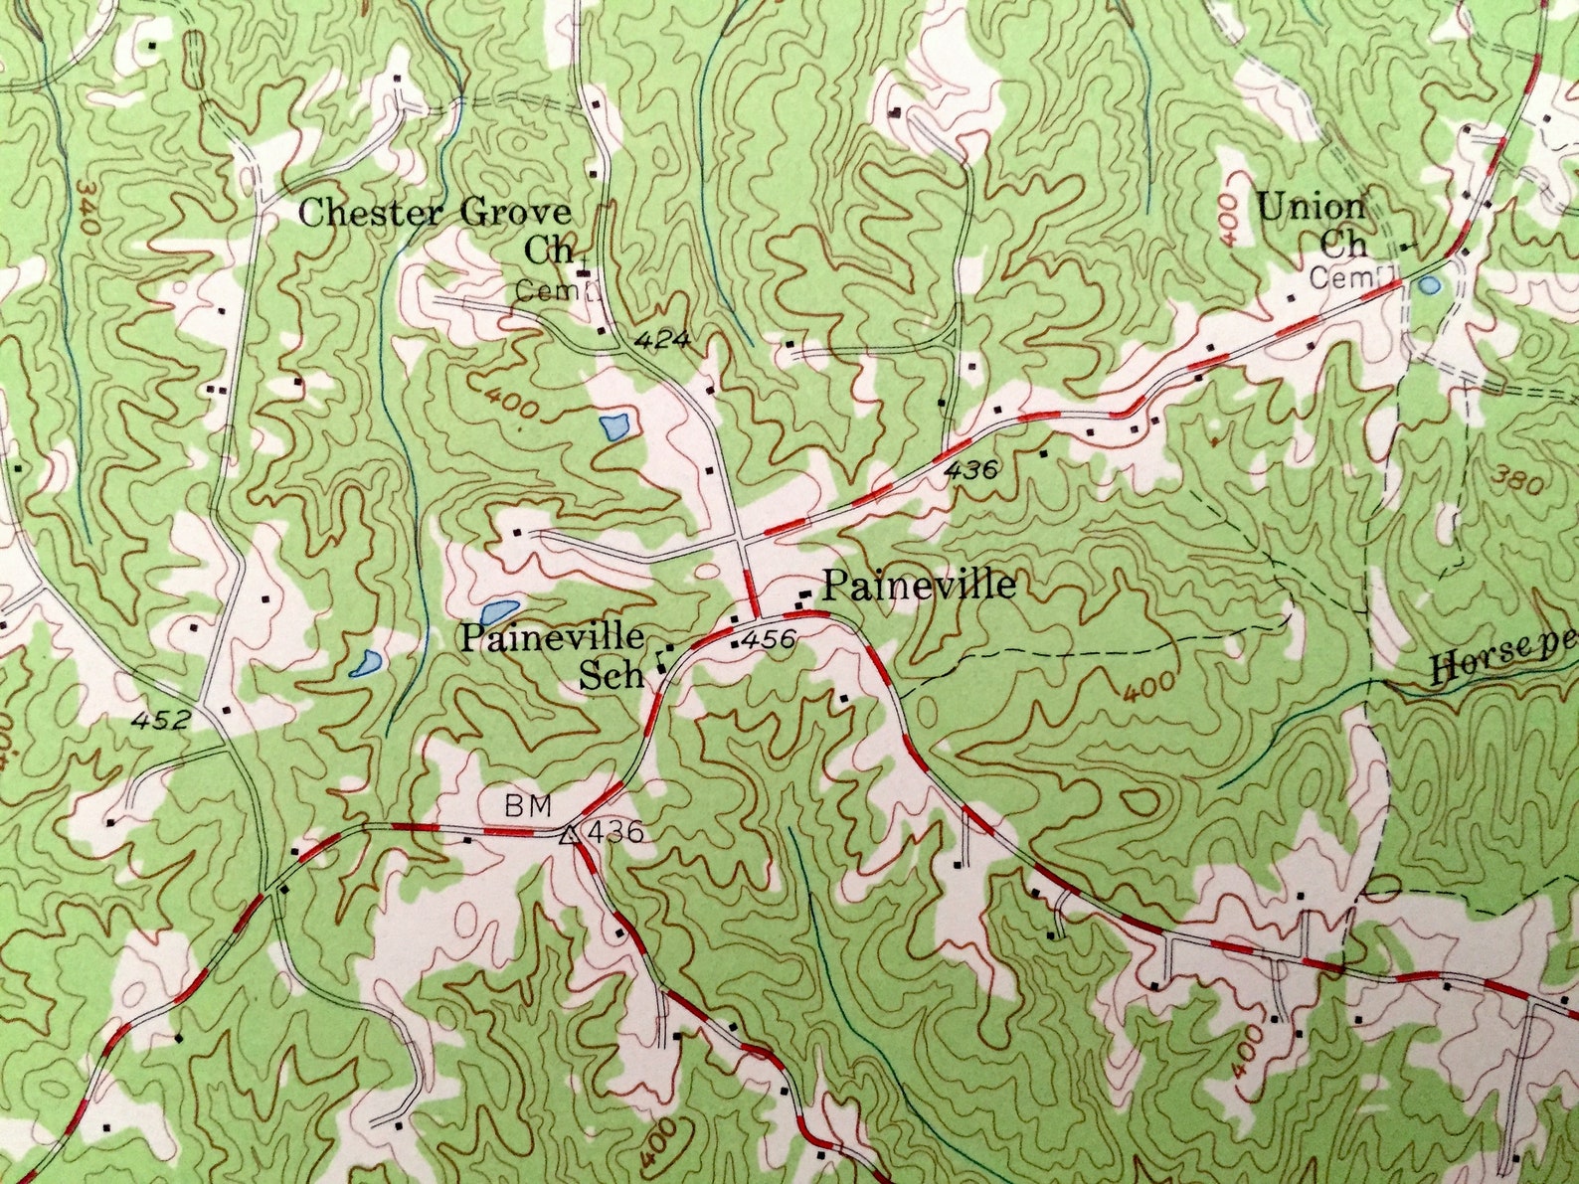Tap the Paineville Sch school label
click(553, 651)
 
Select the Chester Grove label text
click(436, 212)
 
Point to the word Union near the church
click(1311, 208)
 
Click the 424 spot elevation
click(663, 340)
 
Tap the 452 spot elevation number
click(159, 719)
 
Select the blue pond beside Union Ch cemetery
click(1429, 286)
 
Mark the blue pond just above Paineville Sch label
click(499, 609)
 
